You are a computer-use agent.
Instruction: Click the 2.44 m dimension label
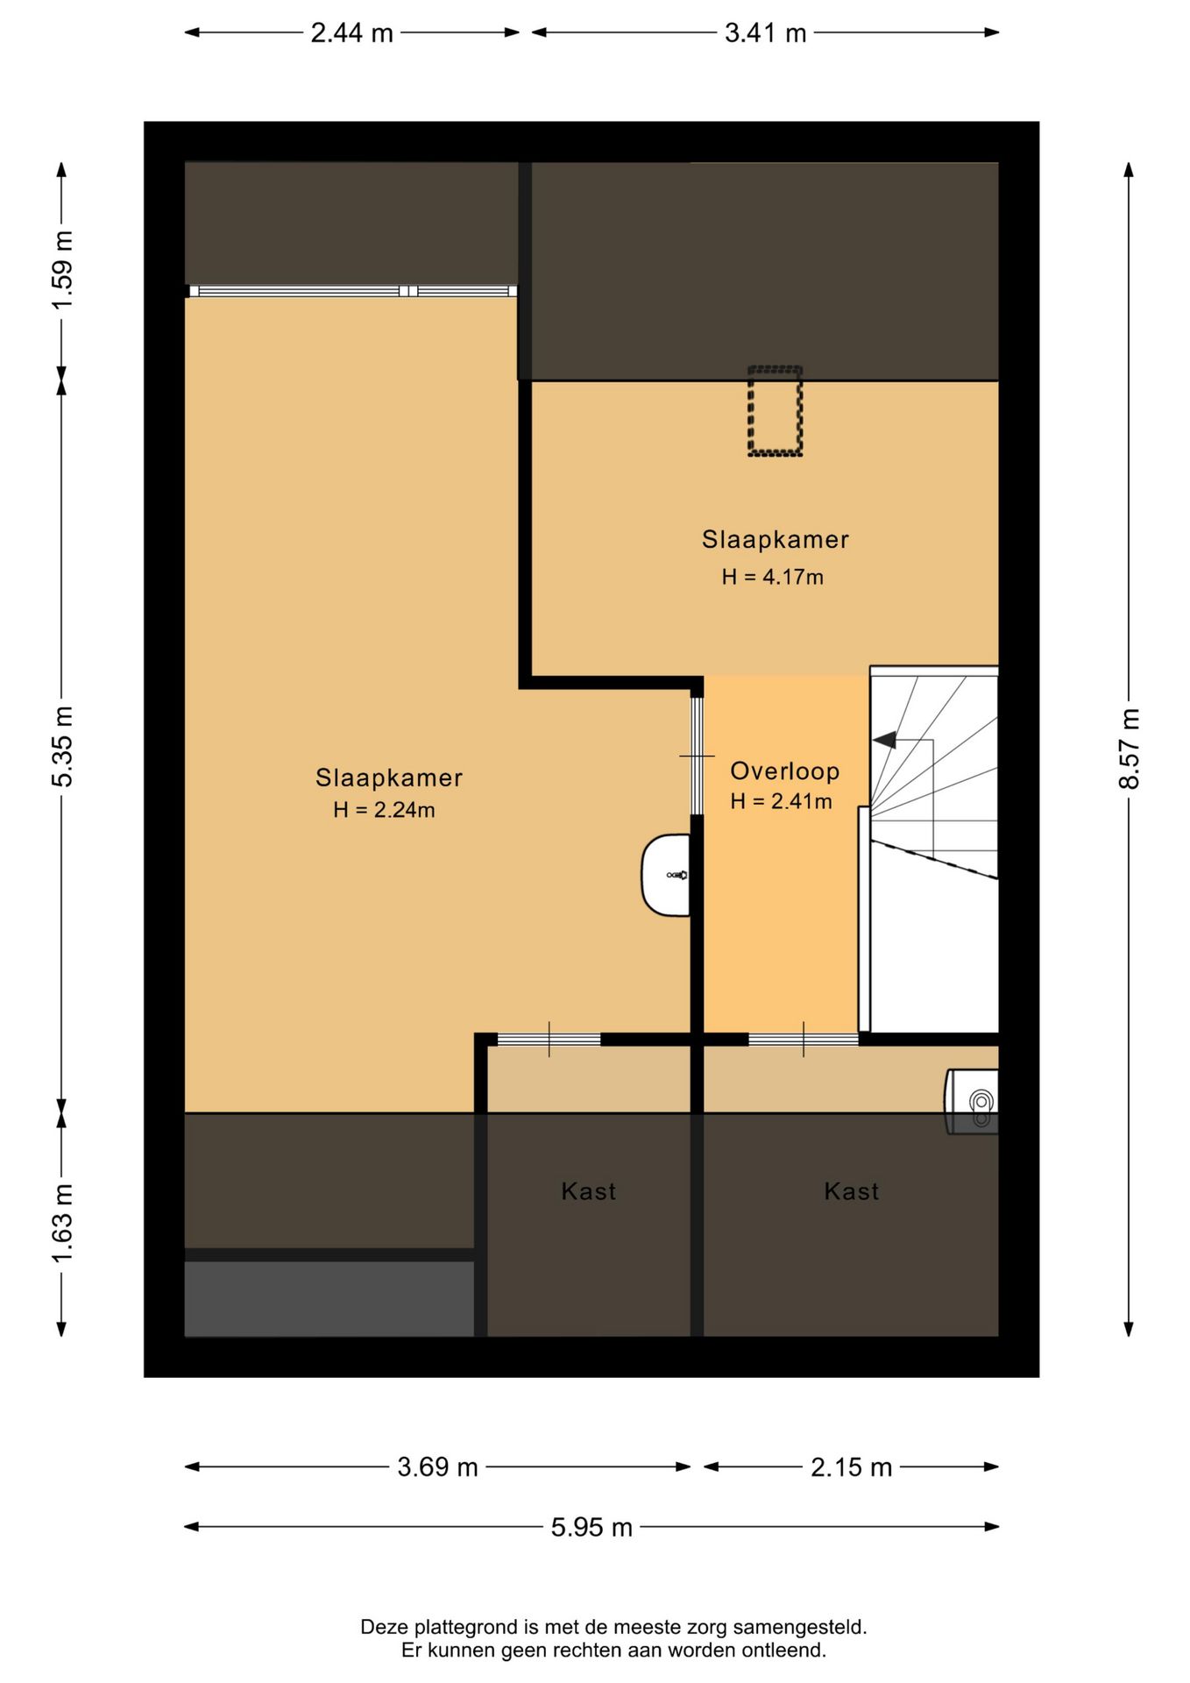[x=351, y=33]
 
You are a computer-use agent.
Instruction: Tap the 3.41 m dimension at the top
[x=765, y=33]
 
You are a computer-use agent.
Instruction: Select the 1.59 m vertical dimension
[x=62, y=270]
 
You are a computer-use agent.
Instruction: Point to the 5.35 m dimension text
[x=62, y=746]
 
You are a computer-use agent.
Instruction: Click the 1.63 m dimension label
[x=62, y=1224]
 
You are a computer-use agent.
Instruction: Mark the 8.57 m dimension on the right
[x=1130, y=749]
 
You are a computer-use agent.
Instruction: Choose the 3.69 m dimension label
[x=437, y=1467]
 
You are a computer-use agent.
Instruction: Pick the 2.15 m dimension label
[x=851, y=1467]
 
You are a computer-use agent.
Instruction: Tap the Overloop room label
[x=785, y=771]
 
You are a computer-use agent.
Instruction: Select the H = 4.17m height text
[x=773, y=577]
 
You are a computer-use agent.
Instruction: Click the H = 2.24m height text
[x=384, y=810]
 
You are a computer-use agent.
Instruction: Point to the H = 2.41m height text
[x=781, y=801]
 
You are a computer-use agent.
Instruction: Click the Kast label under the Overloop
[x=851, y=1191]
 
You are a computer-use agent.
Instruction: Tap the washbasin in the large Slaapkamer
[x=666, y=875]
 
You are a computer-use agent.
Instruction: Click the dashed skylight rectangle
[x=775, y=411]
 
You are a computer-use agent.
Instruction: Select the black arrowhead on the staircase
[x=884, y=740]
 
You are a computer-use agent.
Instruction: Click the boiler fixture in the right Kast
[x=972, y=1102]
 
